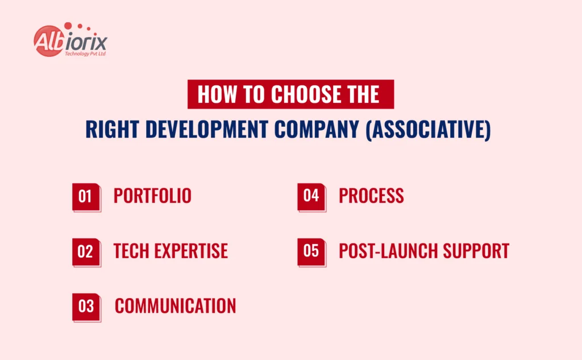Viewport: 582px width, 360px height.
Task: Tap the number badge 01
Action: (x=86, y=197)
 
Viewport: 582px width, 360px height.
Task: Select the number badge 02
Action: (x=86, y=251)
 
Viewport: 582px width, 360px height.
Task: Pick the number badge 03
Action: (x=86, y=307)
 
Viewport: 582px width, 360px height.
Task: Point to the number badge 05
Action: (x=311, y=251)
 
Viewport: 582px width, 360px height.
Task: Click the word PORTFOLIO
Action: (x=152, y=196)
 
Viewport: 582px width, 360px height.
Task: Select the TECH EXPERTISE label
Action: (x=171, y=251)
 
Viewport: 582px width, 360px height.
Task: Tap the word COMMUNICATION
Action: (x=175, y=306)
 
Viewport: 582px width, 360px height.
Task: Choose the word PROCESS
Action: (x=371, y=196)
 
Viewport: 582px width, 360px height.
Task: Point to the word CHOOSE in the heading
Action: (x=301, y=94)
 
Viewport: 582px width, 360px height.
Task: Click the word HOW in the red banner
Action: (x=218, y=94)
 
